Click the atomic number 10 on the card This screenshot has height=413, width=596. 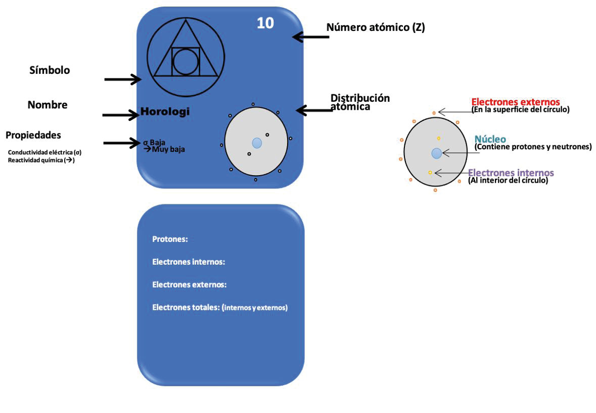coord(265,23)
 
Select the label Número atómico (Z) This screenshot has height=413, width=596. coord(375,27)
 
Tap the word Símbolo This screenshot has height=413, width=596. coord(49,70)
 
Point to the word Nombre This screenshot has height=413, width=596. coord(47,105)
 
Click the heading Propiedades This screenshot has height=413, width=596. coord(33,135)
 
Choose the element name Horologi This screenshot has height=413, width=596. coord(165,112)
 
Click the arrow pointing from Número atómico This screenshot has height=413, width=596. coord(310,36)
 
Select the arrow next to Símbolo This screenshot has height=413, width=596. coord(123,79)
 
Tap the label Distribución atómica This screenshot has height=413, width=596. coord(360,102)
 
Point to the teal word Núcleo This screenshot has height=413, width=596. coord(490,139)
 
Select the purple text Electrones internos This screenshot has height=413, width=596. coord(511,173)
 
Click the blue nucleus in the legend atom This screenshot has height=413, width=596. coord(436,153)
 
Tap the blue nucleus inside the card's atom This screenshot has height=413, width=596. coord(257,143)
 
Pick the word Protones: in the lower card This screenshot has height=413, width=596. coord(170,239)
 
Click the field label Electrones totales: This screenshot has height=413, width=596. coord(186,307)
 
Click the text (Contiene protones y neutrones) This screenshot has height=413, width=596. coord(533,147)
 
